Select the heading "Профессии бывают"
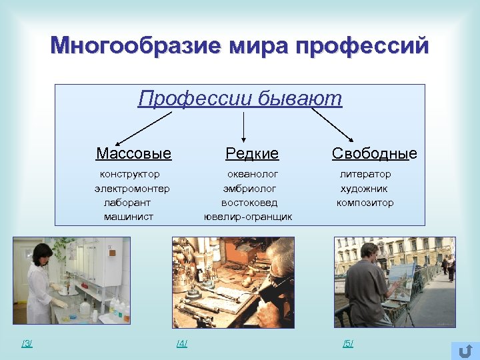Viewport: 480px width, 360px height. point(240,99)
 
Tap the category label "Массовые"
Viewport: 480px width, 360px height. point(133,154)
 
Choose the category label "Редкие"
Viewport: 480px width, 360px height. point(252,154)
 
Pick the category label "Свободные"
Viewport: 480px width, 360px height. point(374,154)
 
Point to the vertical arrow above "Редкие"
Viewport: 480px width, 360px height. point(243,127)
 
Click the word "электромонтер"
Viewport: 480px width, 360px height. point(132,189)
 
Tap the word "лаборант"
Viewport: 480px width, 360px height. point(127,203)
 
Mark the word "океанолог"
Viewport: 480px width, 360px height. point(250,174)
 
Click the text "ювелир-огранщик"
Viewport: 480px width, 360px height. point(248,217)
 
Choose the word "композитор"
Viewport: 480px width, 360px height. point(365,203)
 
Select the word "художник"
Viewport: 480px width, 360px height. point(364,189)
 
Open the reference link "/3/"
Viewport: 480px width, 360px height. point(27,343)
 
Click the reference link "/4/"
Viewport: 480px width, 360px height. point(181,343)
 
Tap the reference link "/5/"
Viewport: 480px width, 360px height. point(348,343)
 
